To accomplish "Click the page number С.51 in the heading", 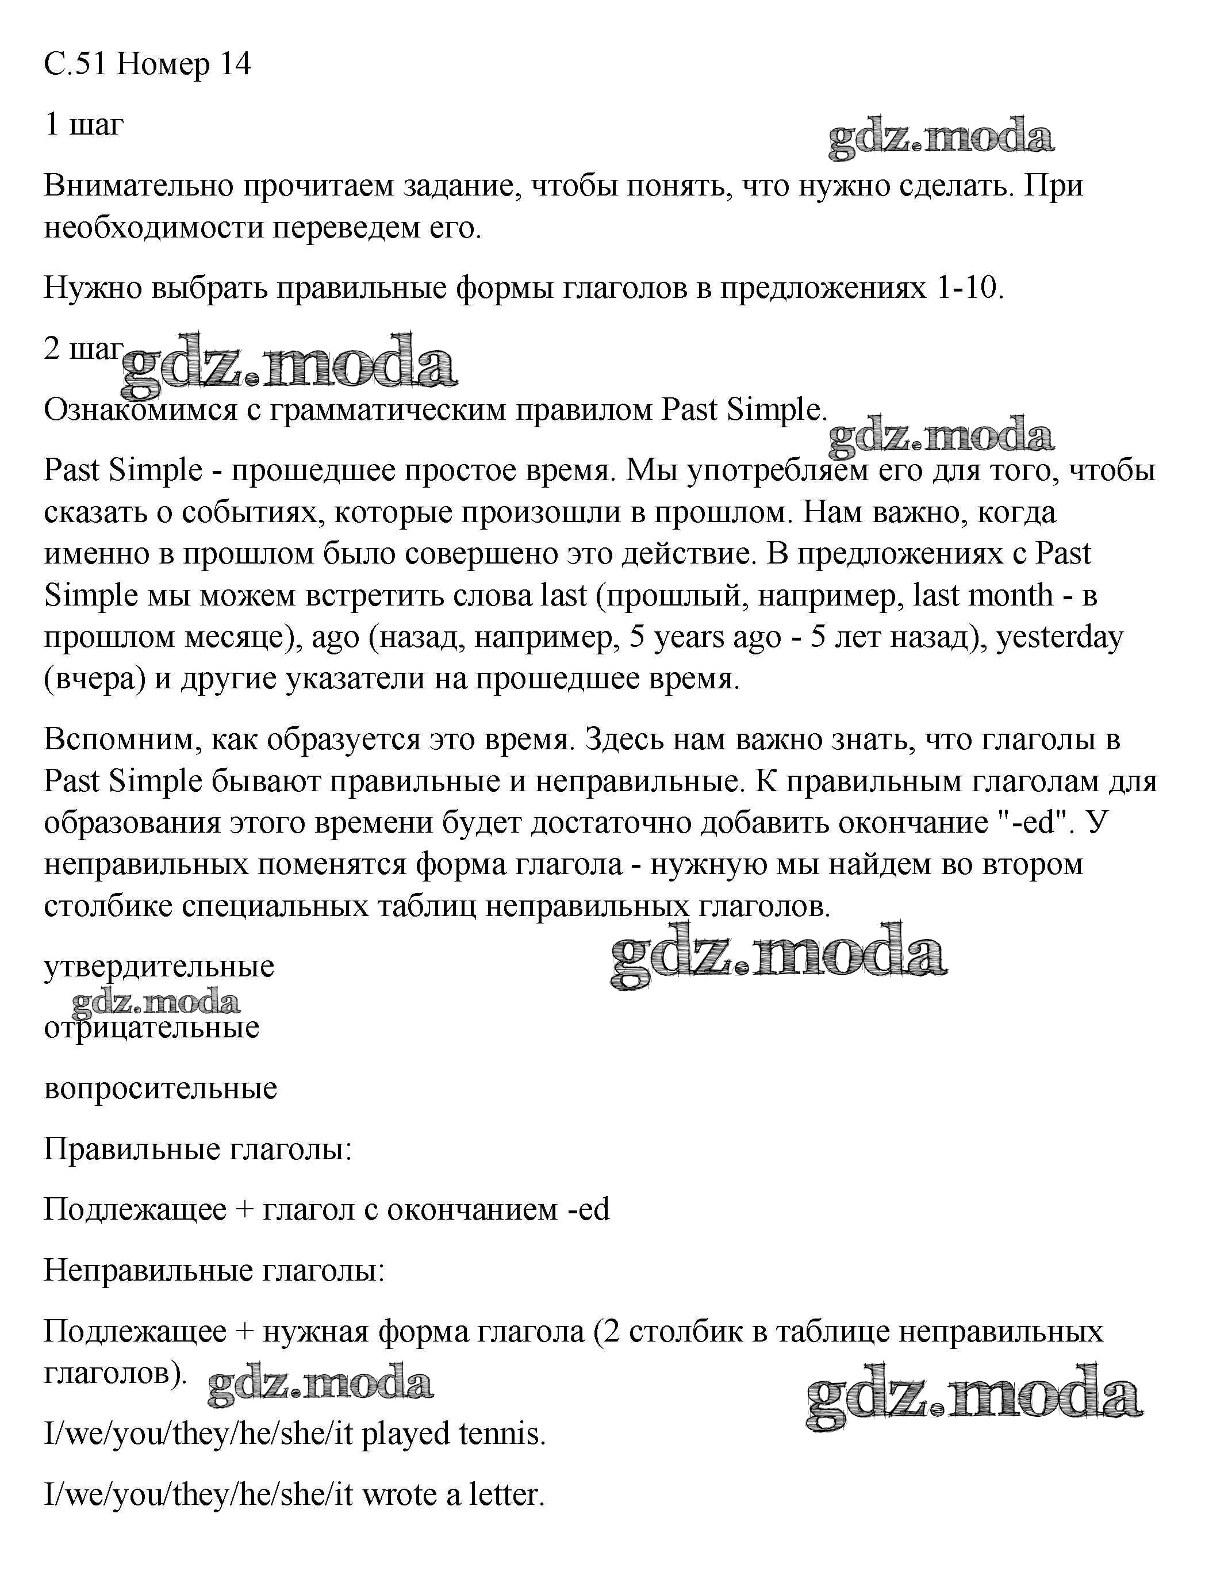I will coord(75,64).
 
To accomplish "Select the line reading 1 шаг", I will coord(84,125).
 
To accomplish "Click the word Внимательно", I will coord(138,186).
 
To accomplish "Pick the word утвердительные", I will coord(159,966).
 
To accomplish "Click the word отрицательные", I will coord(152,1027).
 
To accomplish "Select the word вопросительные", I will coord(160,1088).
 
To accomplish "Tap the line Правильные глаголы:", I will coord(198,1149).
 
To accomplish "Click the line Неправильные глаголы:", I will coord(214,1271).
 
